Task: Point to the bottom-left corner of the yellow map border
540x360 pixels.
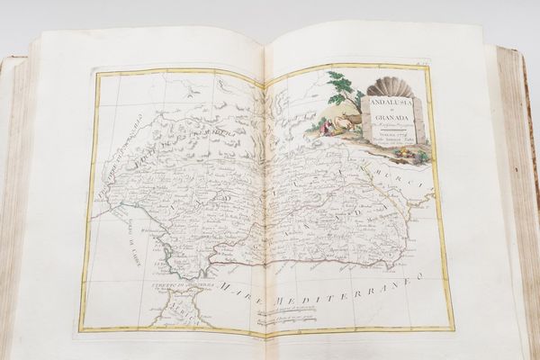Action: tap(79, 328)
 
